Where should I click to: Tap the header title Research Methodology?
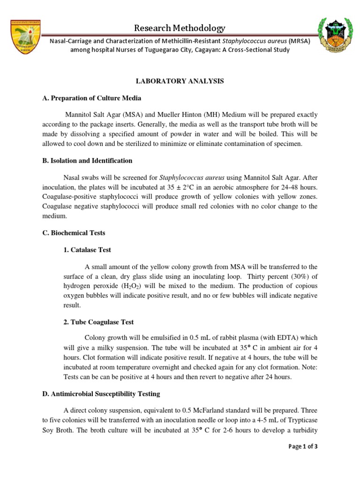pos(180,28)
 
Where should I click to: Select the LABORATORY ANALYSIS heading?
pos(180,81)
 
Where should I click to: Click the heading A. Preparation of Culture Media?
pos(91,98)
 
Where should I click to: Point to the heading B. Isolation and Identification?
pos(87,161)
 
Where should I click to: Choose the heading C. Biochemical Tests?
pos(74,232)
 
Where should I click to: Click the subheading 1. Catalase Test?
pos(87,250)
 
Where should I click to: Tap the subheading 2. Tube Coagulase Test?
pos(98,322)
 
